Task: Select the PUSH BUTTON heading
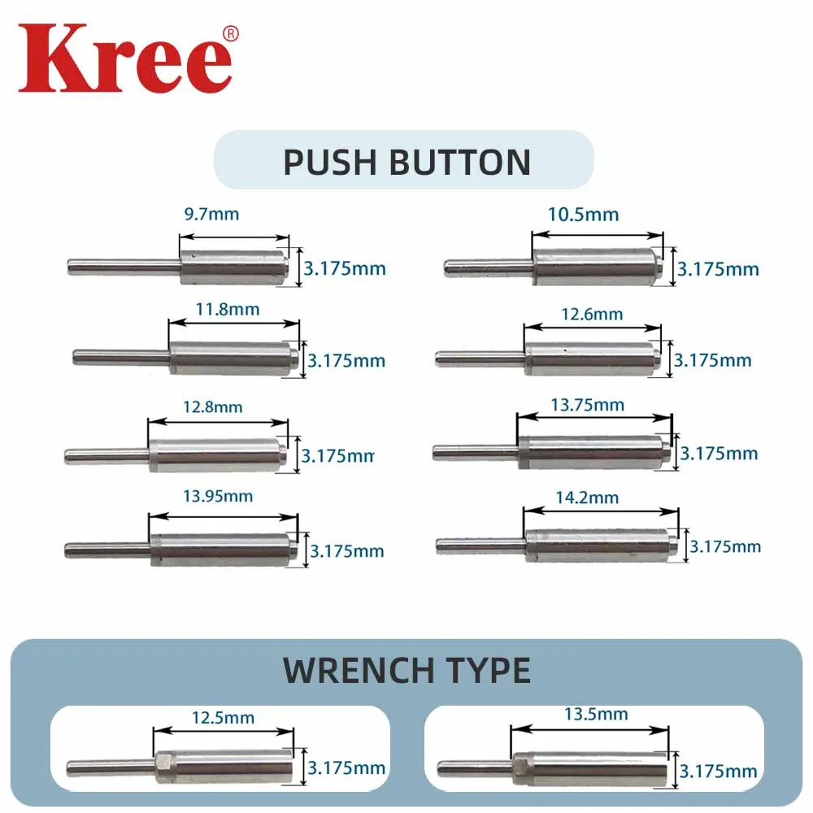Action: [x=406, y=162]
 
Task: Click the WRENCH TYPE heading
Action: [x=406, y=670]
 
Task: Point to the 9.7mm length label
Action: [x=213, y=215]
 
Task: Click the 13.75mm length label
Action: [x=597, y=405]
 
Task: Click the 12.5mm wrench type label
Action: [x=223, y=718]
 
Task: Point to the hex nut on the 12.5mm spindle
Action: [x=163, y=765]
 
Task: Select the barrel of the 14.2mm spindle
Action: [x=598, y=546]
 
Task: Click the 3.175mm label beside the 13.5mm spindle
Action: [x=718, y=771]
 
